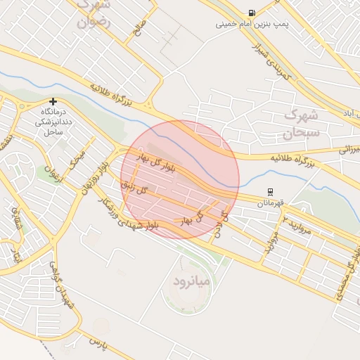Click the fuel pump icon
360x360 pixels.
point(252,13)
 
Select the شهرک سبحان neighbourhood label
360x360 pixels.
point(301,123)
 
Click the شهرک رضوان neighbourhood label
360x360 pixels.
point(94,13)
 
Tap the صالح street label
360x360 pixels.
point(139,29)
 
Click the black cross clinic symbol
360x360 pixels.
point(53,101)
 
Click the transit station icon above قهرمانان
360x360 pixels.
point(270,192)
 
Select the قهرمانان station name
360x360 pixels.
point(270,203)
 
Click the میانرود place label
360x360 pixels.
point(191,281)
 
